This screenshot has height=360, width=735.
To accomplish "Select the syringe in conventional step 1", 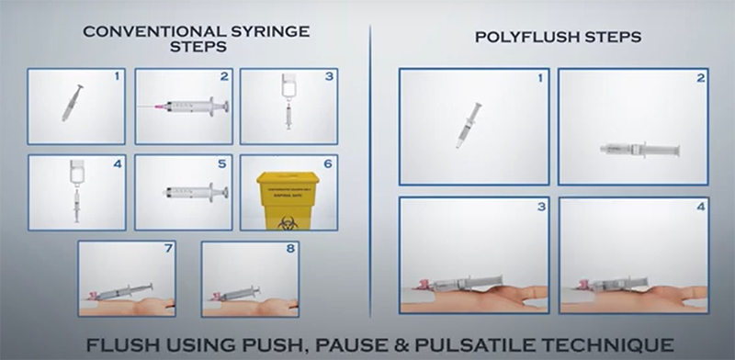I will coord(72,102).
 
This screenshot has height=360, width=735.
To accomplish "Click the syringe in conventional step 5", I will coord(194,194).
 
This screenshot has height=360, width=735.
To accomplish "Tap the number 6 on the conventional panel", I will coord(327,163).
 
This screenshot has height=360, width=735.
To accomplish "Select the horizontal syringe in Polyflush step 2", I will coord(640,149).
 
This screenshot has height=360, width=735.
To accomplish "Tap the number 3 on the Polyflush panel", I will coord(540,207).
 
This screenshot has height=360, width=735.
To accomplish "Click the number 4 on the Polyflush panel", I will coord(700,207).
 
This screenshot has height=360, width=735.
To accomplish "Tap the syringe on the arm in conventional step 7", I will coord(125,292).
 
